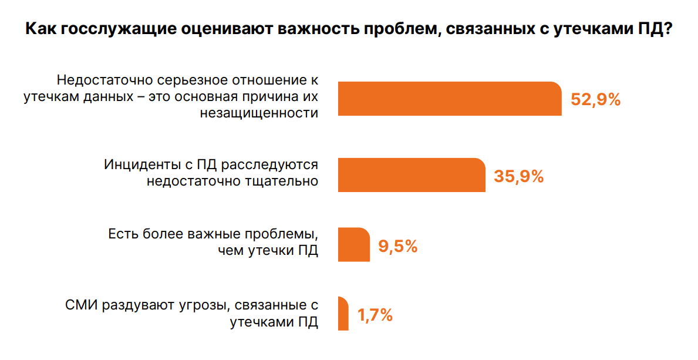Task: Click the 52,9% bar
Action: pyautogui.click(x=449, y=99)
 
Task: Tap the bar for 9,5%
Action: pyautogui.click(x=354, y=244)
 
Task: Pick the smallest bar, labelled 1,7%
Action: pyautogui.click(x=343, y=314)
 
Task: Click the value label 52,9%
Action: pyautogui.click(x=595, y=100)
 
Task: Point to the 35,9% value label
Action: pyautogui.click(x=519, y=176)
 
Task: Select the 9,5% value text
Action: pyautogui.click(x=397, y=246)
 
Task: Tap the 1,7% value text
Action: pyautogui.click(x=375, y=315)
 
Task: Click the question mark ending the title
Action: pyautogui.click(x=667, y=30)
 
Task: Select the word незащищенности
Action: pyautogui.click(x=259, y=113)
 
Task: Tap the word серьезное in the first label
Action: pyautogui.click(x=180, y=80)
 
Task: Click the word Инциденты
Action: pyautogui.click(x=139, y=164)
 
